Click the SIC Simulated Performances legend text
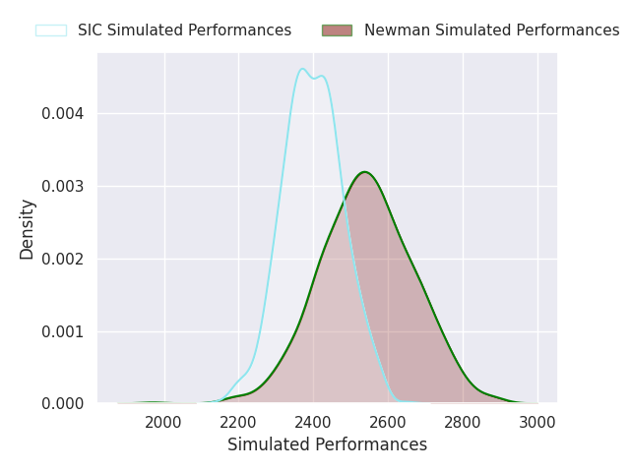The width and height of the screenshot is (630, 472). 184,30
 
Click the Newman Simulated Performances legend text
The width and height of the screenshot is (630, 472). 491,30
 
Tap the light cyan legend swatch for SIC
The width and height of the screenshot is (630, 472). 51,30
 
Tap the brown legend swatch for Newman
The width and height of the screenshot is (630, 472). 337,30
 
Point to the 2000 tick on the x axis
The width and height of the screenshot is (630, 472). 163,422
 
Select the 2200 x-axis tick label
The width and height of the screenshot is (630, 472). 238,422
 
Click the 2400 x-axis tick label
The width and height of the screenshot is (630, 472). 313,422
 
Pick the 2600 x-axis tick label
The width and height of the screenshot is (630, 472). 388,422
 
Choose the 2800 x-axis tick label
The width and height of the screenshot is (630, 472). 463,422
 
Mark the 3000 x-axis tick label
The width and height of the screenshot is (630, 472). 537,422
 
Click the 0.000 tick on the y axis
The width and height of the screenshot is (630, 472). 62,404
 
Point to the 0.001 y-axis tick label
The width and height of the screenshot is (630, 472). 62,331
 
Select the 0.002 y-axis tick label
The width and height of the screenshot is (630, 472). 62,259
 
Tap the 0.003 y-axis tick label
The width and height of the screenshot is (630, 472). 62,186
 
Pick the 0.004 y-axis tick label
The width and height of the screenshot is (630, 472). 62,113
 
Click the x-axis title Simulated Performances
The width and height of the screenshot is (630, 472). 327,445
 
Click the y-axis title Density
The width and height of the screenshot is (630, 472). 28,228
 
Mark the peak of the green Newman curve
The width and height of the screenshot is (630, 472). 364,172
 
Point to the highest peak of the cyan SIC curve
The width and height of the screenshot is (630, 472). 302,68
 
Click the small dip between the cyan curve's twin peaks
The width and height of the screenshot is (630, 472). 313,78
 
